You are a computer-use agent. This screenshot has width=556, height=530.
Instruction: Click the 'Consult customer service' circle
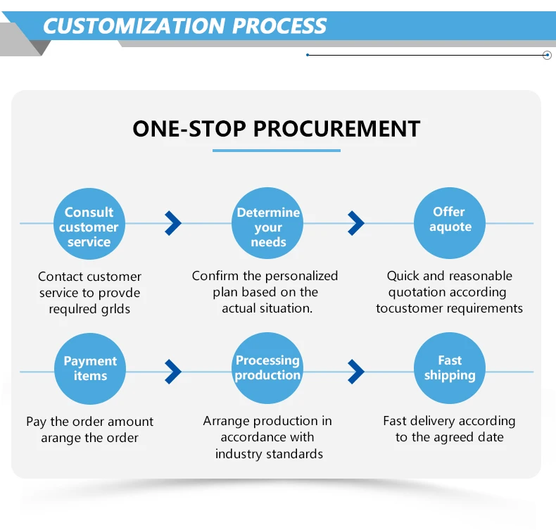pyautogui.click(x=89, y=224)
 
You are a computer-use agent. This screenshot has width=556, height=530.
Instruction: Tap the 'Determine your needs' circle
pyautogui.click(x=267, y=223)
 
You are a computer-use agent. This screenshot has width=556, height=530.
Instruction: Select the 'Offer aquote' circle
pyautogui.click(x=450, y=223)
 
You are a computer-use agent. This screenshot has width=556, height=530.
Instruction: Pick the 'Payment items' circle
pyautogui.click(x=90, y=369)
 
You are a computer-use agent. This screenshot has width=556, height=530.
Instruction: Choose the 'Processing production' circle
pyautogui.click(x=267, y=368)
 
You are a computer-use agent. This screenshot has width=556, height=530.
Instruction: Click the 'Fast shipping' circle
pyautogui.click(x=450, y=368)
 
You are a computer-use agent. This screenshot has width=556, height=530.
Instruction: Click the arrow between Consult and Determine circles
pyautogui.click(x=173, y=223)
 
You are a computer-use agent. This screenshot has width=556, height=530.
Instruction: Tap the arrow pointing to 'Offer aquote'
pyautogui.click(x=356, y=223)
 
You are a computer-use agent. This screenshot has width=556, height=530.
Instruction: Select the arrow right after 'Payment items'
pyautogui.click(x=173, y=372)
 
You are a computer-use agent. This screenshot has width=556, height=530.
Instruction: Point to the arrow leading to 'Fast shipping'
pyautogui.click(x=356, y=372)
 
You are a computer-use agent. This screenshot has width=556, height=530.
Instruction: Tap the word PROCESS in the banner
pyautogui.click(x=279, y=26)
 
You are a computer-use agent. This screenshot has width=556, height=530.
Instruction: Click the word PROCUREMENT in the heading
pyautogui.click(x=337, y=128)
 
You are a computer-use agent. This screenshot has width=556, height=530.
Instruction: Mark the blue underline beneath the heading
pyautogui.click(x=277, y=151)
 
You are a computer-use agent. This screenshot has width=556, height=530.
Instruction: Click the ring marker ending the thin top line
pyautogui.click(x=547, y=55)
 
